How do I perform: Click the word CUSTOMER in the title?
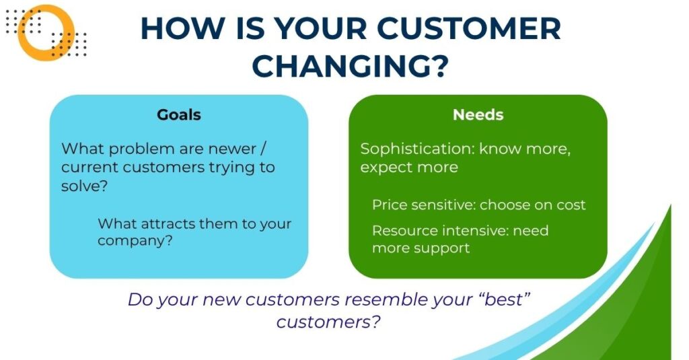[469, 28]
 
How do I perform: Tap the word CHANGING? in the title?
[350, 66]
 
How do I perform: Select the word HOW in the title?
[182, 28]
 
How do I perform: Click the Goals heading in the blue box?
[179, 114]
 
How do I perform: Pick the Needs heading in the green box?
[478, 114]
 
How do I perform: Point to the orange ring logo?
[45, 33]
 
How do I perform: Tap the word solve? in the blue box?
[84, 186]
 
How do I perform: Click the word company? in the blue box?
[135, 242]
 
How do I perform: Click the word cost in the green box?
[571, 205]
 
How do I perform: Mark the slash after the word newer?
[263, 149]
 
